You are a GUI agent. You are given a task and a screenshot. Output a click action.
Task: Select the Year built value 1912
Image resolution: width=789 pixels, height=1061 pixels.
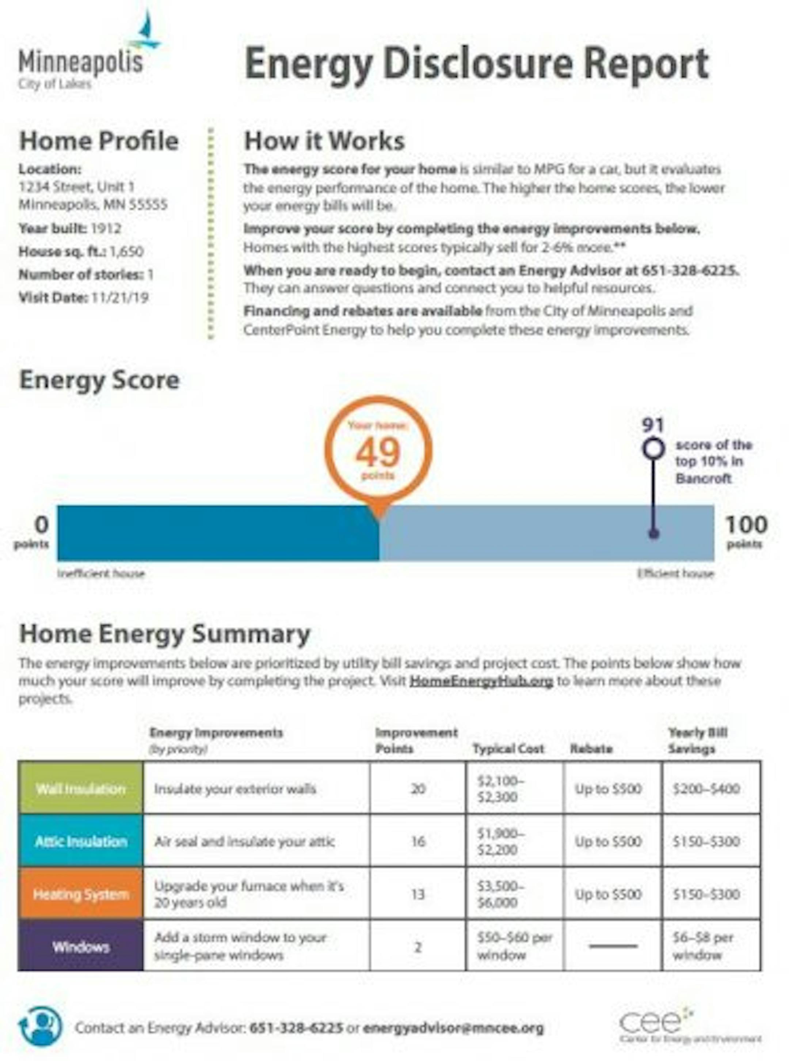[106, 228]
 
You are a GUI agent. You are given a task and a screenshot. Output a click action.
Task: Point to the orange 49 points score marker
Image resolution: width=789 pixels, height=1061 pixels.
[378, 452]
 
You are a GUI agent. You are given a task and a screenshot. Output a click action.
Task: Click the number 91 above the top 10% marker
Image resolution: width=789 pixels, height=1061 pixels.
[652, 424]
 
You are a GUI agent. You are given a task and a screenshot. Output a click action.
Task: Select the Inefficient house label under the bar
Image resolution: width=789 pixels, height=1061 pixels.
[101, 573]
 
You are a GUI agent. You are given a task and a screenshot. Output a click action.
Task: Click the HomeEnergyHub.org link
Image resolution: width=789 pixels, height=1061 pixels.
[481, 681]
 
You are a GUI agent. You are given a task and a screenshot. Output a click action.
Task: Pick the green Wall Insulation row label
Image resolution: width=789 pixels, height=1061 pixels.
[81, 789]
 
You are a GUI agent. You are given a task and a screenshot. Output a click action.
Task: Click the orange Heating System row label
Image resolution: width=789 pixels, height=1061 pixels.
[81, 894]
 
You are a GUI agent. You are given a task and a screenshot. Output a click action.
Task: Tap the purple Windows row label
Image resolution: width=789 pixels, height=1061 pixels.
[81, 947]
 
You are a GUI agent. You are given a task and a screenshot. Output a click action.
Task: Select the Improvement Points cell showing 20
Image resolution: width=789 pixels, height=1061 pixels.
[418, 789]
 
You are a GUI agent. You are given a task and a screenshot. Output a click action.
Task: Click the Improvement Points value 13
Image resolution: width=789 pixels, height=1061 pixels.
[418, 894]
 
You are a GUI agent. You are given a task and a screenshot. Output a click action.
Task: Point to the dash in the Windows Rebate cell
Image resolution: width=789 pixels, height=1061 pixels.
[613, 946]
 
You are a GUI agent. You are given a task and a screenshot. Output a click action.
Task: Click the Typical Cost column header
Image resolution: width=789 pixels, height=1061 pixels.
[508, 749]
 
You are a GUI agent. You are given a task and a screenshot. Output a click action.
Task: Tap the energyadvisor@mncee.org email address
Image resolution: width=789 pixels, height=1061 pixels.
[453, 1027]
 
